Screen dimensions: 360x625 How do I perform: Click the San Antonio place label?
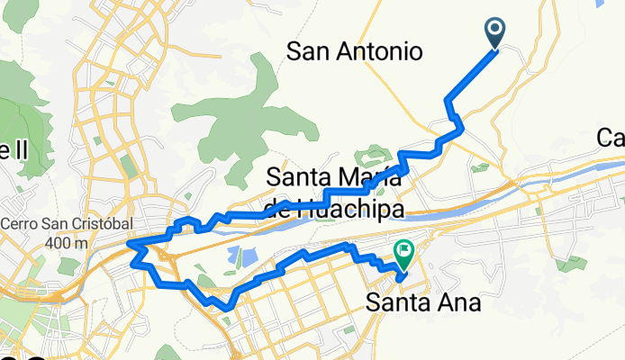point(354,52)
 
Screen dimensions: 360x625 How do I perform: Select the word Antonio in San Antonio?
point(378,52)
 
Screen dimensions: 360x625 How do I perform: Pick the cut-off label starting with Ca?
point(611,138)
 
